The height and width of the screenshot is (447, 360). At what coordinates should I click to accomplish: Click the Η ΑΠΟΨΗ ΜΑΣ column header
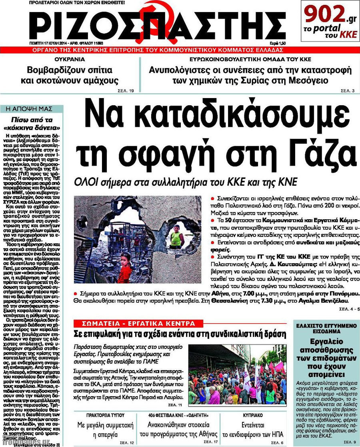click(31, 109)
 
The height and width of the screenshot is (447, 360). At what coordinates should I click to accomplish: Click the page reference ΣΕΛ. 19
click(126, 91)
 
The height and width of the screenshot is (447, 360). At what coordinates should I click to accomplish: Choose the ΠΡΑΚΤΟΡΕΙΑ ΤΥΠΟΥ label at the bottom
click(106, 415)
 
